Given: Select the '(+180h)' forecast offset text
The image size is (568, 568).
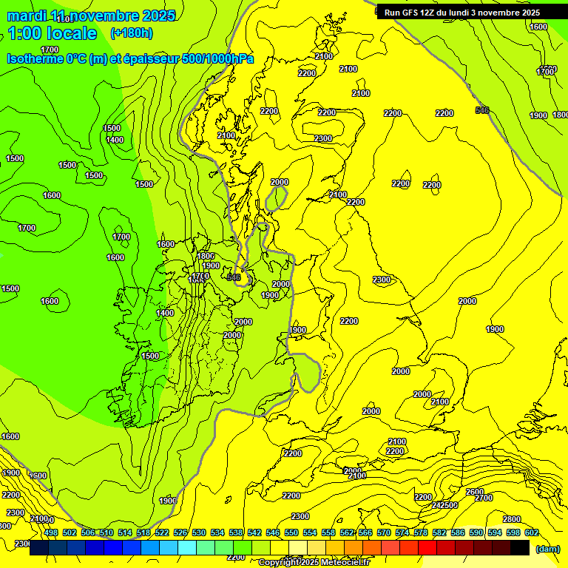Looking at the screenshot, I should point(131,33).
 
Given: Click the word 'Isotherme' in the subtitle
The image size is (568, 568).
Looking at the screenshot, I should point(35,58).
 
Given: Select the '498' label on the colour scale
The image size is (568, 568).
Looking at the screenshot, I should point(51,532).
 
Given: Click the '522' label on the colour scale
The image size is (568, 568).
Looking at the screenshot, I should point(162,532).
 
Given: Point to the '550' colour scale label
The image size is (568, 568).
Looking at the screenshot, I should point(291,532).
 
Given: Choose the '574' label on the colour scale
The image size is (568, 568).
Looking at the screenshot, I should point(402,532).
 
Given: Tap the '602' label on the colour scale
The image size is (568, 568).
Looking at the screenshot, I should point(531,532).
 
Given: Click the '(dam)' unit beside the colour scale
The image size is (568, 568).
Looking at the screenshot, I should point(547,548).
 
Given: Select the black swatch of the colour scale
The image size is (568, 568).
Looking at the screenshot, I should point(520,547).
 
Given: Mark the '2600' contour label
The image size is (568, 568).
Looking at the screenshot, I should point(474,492).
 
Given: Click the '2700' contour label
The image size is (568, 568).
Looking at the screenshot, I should point(484,498).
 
